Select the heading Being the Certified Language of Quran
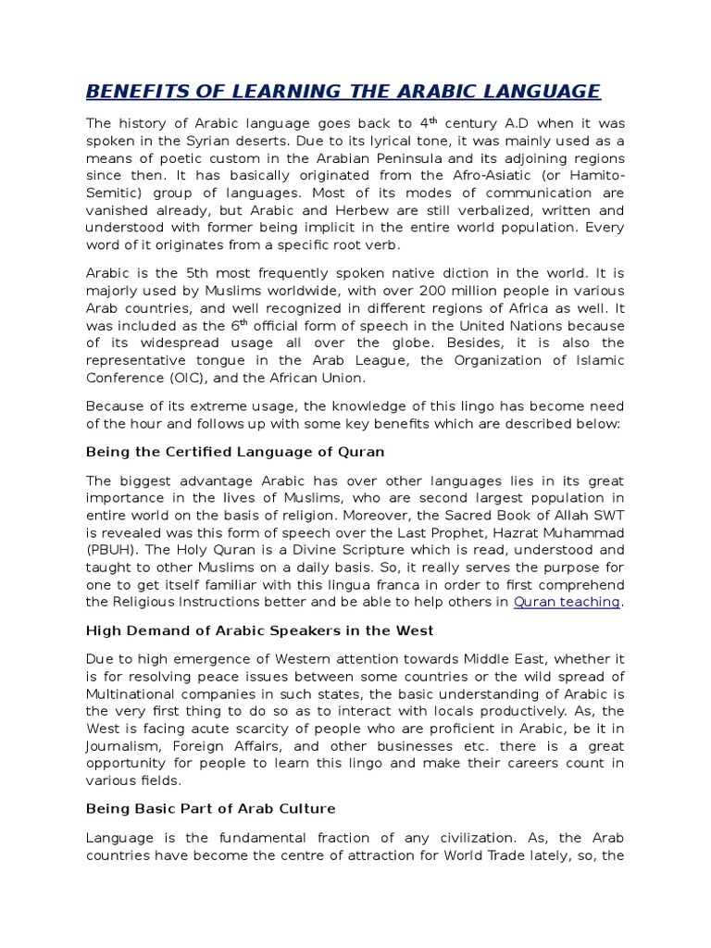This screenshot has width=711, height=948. click(235, 452)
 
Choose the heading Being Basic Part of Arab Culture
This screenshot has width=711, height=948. click(210, 808)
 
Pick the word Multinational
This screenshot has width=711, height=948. click(136, 693)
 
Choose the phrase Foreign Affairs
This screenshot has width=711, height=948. click(225, 746)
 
